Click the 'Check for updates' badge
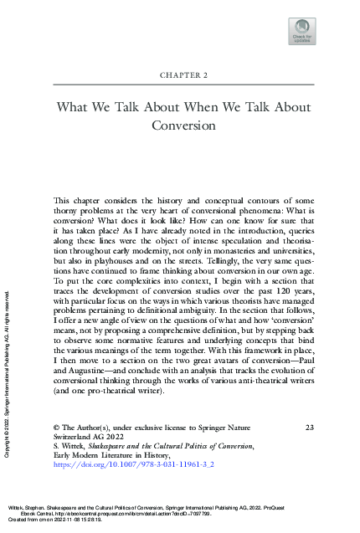(x=302, y=30)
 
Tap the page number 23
(x=309, y=451)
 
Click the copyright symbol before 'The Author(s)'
(x=57, y=452)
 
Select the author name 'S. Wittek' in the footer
(x=71, y=474)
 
